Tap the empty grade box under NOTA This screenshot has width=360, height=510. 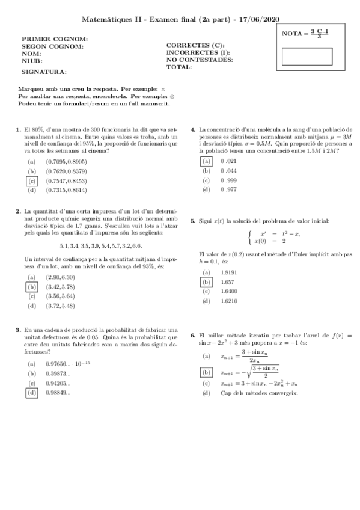(x=307, y=56)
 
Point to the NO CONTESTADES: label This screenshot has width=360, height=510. (x=200, y=60)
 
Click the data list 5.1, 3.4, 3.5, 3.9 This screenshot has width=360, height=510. (x=101, y=245)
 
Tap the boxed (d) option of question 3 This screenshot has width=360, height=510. (x=32, y=393)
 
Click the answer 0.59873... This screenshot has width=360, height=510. (x=58, y=373)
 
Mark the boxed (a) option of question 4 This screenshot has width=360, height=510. (x=206, y=161)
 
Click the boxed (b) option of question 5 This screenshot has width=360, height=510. (x=206, y=281)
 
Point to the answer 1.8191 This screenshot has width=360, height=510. (x=228, y=272)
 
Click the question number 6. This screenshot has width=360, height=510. (x=192, y=334)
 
